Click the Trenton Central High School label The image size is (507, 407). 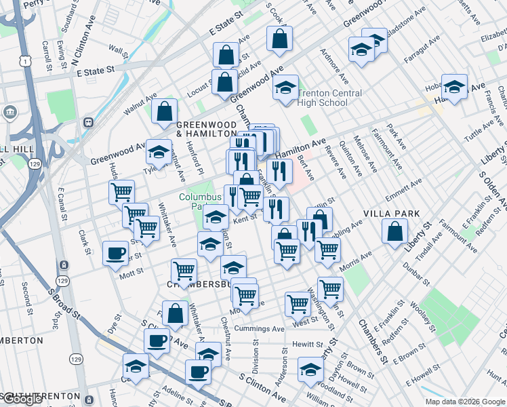coord(330,98)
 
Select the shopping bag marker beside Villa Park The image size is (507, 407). coord(394,232)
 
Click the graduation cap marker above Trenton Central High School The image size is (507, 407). coord(286,88)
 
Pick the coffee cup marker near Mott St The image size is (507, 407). coord(115,254)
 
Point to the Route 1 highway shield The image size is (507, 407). coord(24,61)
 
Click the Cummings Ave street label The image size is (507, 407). coord(259,329)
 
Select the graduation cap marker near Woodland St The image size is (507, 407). coord(310,369)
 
